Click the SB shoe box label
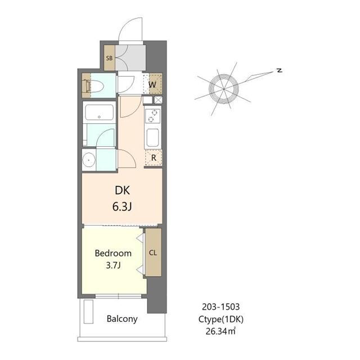click(x=109, y=58)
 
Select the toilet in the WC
click(x=94, y=86)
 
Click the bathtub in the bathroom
click(x=99, y=112)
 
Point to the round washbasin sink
click(x=89, y=160)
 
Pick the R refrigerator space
click(x=154, y=157)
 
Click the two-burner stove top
click(x=152, y=116)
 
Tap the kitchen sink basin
click(x=152, y=138)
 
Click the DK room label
click(x=123, y=190)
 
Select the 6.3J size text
click(x=122, y=207)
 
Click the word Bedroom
click(x=113, y=253)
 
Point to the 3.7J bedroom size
click(x=113, y=265)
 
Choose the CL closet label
click(x=153, y=253)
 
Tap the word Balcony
click(x=122, y=319)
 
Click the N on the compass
click(x=280, y=70)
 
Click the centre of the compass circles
click(x=224, y=89)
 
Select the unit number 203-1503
click(x=220, y=307)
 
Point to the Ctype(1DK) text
click(x=220, y=319)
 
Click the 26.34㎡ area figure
click(x=220, y=331)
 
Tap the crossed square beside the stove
click(x=158, y=100)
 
